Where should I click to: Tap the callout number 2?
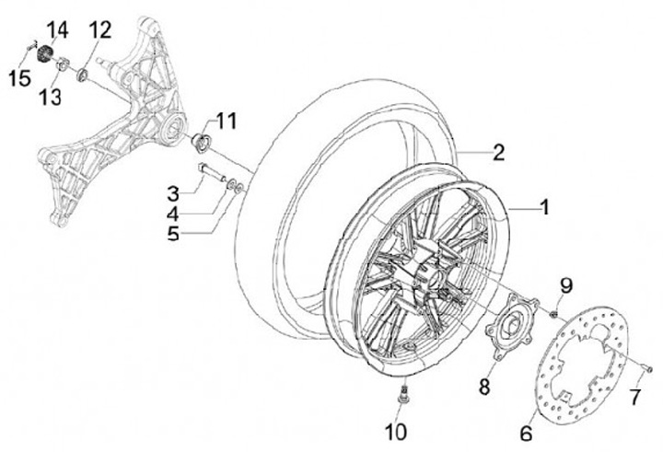pos(497,152)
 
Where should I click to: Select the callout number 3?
pos(172,193)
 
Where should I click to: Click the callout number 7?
pos(634,398)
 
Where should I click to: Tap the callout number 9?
pos(566,284)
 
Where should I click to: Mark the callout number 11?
pos(227,120)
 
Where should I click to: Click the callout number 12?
pos(99,30)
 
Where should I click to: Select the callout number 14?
pos(57,30)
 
